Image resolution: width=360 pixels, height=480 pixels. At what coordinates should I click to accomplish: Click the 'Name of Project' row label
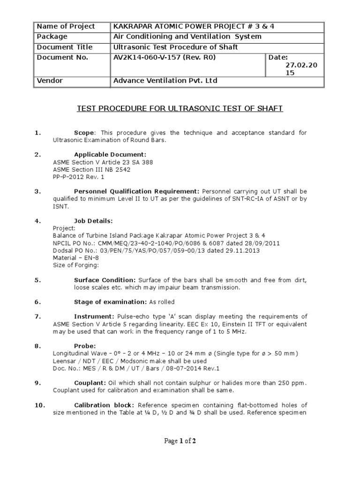click(x=66, y=27)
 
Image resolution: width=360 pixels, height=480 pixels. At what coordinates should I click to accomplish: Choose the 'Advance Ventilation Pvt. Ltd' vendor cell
click(x=165, y=81)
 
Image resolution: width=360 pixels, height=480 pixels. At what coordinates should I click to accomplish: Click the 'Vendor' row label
click(x=50, y=81)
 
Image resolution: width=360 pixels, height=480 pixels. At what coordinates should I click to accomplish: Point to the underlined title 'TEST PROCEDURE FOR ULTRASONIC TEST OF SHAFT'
click(x=180, y=109)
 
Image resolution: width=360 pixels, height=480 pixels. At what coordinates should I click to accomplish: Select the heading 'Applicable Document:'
click(x=110, y=155)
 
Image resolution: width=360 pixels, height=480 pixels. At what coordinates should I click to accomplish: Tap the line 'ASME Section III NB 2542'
click(x=91, y=170)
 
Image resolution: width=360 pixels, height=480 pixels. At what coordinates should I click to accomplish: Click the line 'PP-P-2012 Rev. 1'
click(x=79, y=177)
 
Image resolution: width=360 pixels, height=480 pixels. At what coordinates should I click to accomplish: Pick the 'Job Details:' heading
click(x=93, y=220)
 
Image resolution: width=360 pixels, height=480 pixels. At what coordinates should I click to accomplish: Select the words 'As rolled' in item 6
click(x=162, y=302)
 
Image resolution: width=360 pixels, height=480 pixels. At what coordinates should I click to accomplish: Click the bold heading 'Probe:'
click(x=85, y=346)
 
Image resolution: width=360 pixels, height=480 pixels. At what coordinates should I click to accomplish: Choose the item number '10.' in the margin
click(x=40, y=405)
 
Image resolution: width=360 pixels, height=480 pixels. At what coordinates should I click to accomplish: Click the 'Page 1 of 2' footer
click(x=180, y=441)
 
